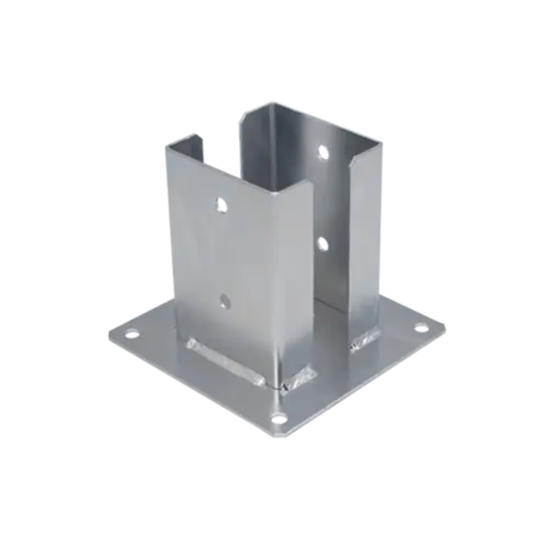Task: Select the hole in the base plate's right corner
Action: (421, 326)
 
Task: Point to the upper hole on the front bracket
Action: (218, 205)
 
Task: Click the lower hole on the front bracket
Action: (225, 299)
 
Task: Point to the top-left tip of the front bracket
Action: (167, 144)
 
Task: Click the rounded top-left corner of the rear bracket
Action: (245, 112)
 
